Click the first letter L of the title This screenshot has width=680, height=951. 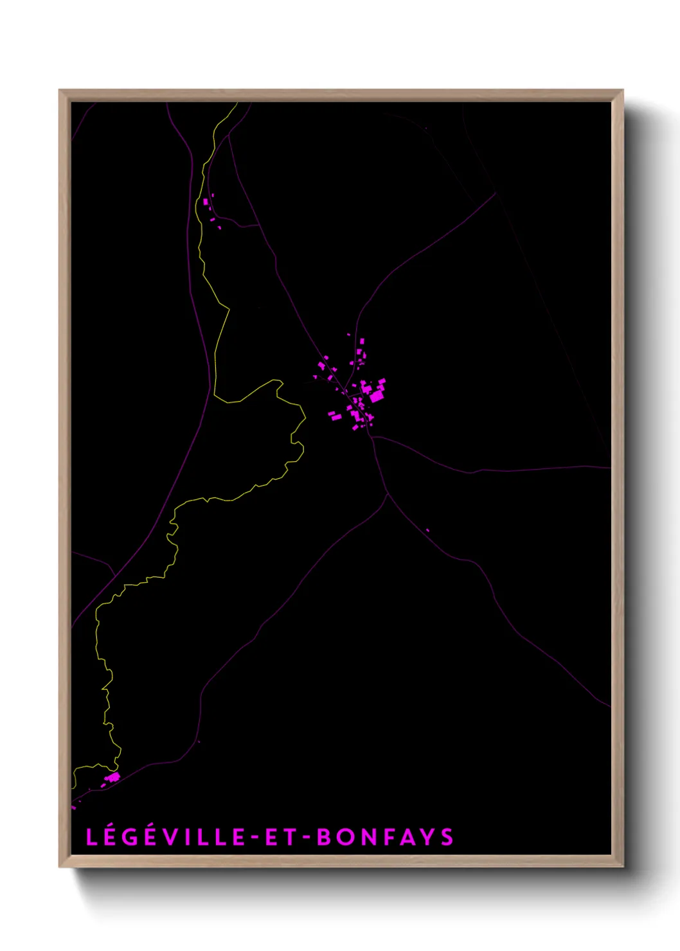click(91, 837)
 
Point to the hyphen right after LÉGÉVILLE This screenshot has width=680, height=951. click(255, 837)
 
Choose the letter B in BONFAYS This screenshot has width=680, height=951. click(324, 837)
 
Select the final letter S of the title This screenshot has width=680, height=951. click(447, 837)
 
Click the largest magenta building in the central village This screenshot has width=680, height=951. click(376, 396)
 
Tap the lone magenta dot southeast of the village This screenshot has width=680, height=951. click(427, 530)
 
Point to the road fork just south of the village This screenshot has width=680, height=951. click(388, 493)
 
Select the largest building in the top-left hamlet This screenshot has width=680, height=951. click(206, 202)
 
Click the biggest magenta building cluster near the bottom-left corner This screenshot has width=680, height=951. click(113, 778)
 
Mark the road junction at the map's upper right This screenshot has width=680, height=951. click(496, 192)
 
